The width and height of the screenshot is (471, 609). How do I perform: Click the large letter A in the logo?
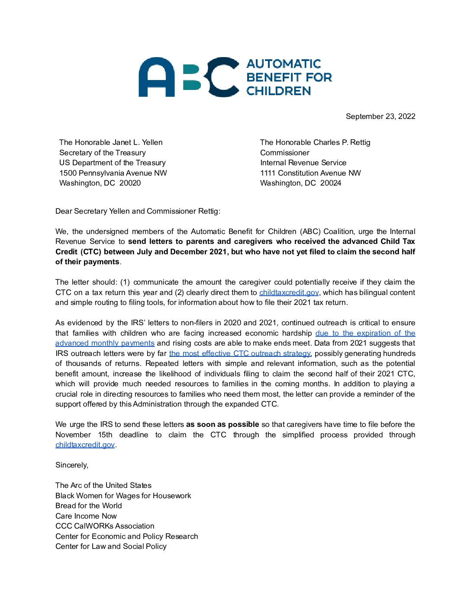156,77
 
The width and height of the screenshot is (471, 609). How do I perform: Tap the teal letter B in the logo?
192,77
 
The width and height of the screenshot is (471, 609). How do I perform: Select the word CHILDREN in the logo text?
279,91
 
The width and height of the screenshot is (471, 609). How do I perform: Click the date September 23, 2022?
381,116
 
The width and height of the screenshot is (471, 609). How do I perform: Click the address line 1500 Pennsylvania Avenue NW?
113,173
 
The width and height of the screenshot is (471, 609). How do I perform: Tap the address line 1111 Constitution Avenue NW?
310,173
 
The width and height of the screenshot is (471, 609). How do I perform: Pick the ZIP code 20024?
331,183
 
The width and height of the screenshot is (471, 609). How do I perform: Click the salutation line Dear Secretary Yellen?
138,211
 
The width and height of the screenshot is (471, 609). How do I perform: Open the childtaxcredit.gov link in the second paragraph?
289,292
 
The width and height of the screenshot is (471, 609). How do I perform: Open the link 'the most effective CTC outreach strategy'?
240,353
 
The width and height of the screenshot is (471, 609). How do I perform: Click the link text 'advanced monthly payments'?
105,343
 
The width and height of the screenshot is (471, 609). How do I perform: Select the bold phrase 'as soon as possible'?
223,424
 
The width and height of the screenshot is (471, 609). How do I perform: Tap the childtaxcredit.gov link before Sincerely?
85,445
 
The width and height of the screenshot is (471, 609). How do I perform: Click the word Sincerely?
71,465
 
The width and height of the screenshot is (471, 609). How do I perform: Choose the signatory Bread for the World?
88,506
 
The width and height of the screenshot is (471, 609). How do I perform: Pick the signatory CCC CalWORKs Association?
105,526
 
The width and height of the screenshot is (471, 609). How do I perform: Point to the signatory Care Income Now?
86,516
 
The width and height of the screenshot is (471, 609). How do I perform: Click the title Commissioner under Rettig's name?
285,153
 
